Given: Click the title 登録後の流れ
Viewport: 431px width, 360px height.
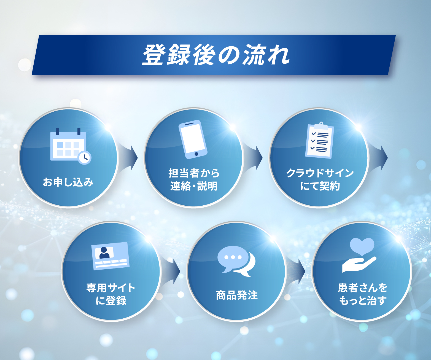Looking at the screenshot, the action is pyautogui.click(x=216, y=55).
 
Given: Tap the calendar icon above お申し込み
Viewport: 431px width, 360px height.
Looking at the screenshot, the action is pyautogui.click(x=71, y=146).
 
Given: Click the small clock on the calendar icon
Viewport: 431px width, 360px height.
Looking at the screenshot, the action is pyautogui.click(x=85, y=158).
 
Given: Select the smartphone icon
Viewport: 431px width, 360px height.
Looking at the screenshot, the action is pyautogui.click(x=193, y=139).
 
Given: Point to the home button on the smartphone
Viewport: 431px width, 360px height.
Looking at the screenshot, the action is pyautogui.click(x=196, y=154).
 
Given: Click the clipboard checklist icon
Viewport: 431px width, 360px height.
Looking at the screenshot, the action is pyautogui.click(x=320, y=140).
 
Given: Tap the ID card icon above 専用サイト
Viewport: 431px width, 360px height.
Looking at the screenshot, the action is pyautogui.click(x=111, y=256).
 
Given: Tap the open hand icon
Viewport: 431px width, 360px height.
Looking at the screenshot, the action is pyautogui.click(x=359, y=265).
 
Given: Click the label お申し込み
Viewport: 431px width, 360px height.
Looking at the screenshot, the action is pyautogui.click(x=68, y=182).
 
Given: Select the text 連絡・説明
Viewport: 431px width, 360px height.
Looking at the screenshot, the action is pyautogui.click(x=194, y=186).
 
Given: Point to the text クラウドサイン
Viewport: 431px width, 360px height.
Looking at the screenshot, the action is pyautogui.click(x=320, y=173).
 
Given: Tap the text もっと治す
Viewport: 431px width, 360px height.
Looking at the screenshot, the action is pyautogui.click(x=362, y=300).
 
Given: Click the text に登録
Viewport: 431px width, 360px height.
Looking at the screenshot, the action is pyautogui.click(x=111, y=300).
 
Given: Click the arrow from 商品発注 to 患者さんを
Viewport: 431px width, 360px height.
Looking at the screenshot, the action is pyautogui.click(x=296, y=271).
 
